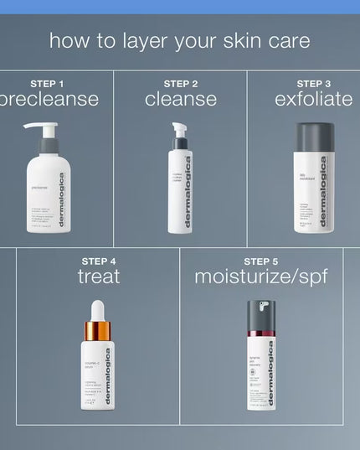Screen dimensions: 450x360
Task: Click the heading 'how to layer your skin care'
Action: coord(179,40)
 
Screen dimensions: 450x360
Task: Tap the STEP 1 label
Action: coord(48,83)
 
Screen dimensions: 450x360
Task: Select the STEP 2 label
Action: coord(181,83)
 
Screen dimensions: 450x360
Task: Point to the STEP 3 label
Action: coord(314,83)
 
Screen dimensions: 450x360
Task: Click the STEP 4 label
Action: coord(99,261)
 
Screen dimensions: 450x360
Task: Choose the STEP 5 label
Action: coord(260,261)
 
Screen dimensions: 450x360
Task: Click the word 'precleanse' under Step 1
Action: coord(48,100)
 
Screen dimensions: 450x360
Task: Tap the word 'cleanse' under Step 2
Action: coord(181,100)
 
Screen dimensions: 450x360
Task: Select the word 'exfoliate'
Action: coord(314,100)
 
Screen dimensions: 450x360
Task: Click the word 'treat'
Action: coord(99,277)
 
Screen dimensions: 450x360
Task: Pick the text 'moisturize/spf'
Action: coord(260,277)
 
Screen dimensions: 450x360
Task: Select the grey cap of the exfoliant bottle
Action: coord(314,137)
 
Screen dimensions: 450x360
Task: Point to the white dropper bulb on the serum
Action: coord(98,308)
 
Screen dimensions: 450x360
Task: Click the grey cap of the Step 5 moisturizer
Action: coord(260,316)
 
